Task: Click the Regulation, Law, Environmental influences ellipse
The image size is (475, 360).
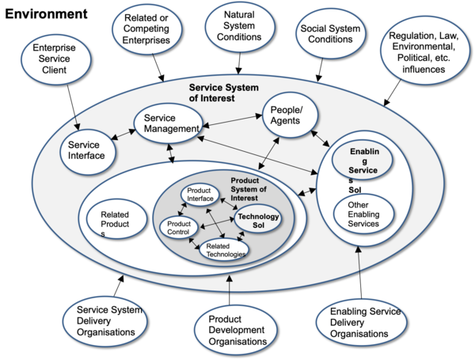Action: click(424, 53)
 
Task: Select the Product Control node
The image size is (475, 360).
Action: click(180, 228)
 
